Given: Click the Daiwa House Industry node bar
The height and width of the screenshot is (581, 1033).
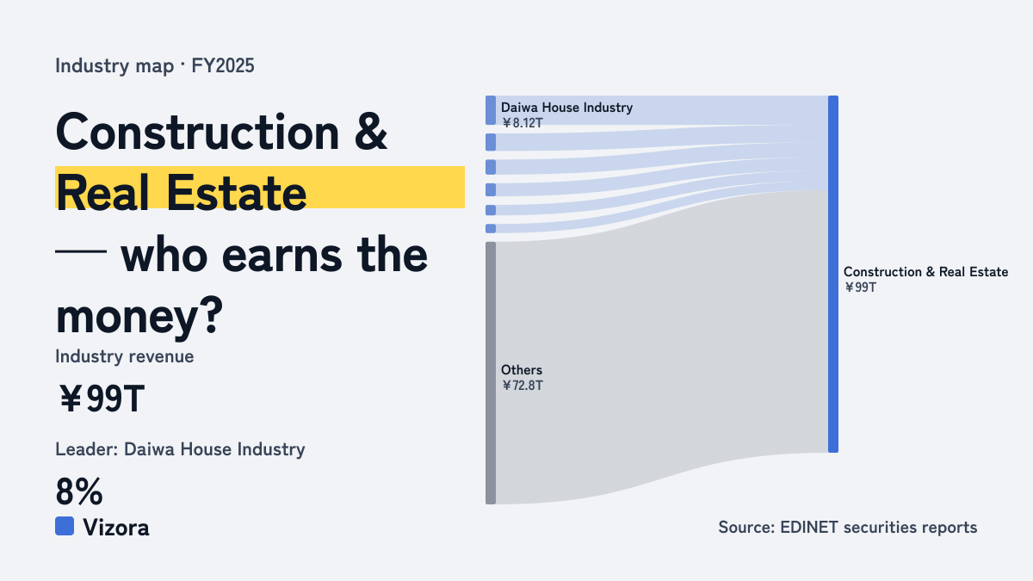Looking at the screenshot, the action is point(491,110).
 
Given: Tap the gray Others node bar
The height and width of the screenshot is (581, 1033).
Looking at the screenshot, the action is point(491,373).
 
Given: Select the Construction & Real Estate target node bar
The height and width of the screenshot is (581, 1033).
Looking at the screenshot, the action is point(833,274).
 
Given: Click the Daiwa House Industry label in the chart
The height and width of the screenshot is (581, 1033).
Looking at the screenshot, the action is point(566,108).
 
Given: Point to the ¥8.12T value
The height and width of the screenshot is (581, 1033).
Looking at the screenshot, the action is point(523,123).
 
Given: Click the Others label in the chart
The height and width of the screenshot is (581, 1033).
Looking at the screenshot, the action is point(522,370).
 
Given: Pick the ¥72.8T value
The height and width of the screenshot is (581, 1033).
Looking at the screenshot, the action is point(523,386).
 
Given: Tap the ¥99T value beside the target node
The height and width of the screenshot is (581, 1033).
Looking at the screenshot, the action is point(860,287).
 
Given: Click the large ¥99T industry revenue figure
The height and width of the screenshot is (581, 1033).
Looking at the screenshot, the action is point(102,399).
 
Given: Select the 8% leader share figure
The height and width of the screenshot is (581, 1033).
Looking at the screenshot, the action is point(79,491).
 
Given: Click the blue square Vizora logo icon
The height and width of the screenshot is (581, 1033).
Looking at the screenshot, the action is point(65,526).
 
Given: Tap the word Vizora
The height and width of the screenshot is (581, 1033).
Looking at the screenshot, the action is point(116,528).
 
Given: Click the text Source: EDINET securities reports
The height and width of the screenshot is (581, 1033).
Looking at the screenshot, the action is point(848,527).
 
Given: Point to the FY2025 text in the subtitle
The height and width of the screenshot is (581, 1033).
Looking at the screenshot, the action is point(223,65).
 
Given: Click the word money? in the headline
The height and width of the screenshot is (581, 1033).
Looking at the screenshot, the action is point(139,316).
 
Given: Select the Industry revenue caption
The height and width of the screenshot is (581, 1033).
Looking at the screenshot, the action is point(125,356).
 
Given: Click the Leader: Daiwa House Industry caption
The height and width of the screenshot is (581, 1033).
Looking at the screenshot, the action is point(180,449).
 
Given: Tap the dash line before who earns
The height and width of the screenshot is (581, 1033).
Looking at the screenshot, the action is point(81,251).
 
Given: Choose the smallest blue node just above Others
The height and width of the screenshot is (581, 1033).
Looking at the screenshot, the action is point(491,228).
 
